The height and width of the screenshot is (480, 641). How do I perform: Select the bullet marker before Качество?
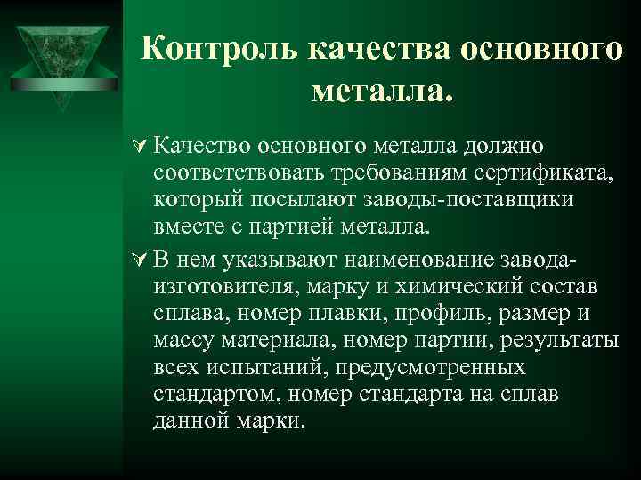pos(138,145)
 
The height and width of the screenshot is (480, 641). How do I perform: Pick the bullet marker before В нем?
pos(138,260)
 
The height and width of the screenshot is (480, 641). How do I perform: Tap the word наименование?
pos(412,260)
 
